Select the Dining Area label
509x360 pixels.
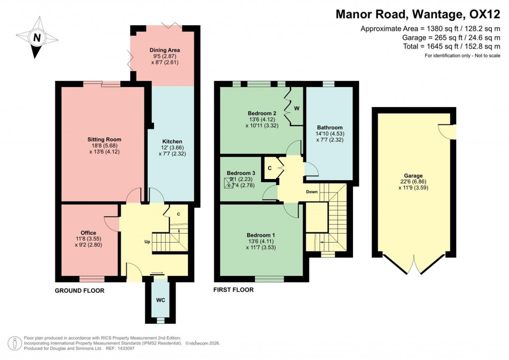(165, 50)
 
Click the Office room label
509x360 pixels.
(88, 233)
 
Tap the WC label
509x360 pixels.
(160, 300)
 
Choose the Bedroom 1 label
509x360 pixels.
(261, 235)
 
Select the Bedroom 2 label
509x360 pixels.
(261, 112)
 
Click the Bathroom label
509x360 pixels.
(330, 128)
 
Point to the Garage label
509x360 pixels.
(413, 176)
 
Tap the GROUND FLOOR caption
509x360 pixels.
(80, 290)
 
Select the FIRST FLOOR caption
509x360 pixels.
(233, 290)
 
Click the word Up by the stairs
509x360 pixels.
(147, 242)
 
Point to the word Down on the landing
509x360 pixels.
(312, 191)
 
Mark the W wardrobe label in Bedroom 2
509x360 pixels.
(296, 108)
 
